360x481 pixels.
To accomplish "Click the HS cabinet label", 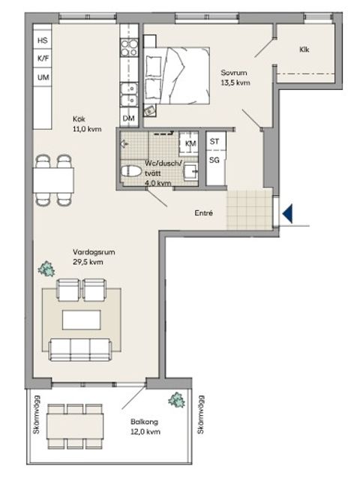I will pyautogui.click(x=42, y=40).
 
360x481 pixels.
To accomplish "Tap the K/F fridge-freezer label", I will pyautogui.click(x=42, y=59).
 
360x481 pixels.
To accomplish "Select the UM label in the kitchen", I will pyautogui.click(x=42, y=77).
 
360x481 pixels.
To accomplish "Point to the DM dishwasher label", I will pyautogui.click(x=129, y=118).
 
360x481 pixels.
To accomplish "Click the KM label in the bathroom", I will pyautogui.click(x=190, y=143).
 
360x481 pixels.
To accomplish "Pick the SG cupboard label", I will pyautogui.click(x=214, y=160).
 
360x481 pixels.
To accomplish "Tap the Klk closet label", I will pyautogui.click(x=304, y=50).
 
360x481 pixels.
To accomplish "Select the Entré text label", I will pyautogui.click(x=203, y=213).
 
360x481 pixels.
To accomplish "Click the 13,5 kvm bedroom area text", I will pyautogui.click(x=234, y=83).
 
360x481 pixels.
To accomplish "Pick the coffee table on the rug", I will pyautogui.click(x=79, y=319).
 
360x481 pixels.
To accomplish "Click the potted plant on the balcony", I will pyautogui.click(x=177, y=399).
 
